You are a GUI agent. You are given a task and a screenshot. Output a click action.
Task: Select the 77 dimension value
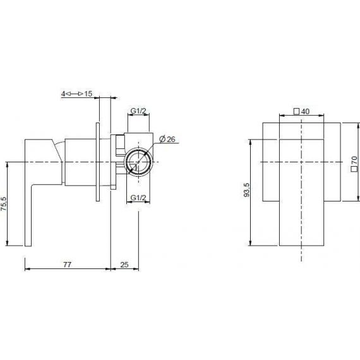tap(68, 265)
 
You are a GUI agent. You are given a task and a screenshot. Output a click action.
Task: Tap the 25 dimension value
tap(124, 265)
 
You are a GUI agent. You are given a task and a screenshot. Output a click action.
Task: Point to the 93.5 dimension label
tap(246, 190)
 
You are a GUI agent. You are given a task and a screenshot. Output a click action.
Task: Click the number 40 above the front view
tap(305, 111)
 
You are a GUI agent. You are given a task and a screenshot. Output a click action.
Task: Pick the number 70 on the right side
tap(354, 160)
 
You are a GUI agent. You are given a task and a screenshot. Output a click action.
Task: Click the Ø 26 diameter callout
tap(167, 139)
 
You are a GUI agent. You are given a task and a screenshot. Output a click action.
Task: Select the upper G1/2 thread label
tap(138, 111)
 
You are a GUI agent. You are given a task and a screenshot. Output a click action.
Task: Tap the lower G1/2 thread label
tap(138, 198)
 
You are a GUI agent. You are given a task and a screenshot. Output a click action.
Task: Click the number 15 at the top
tap(88, 93)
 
